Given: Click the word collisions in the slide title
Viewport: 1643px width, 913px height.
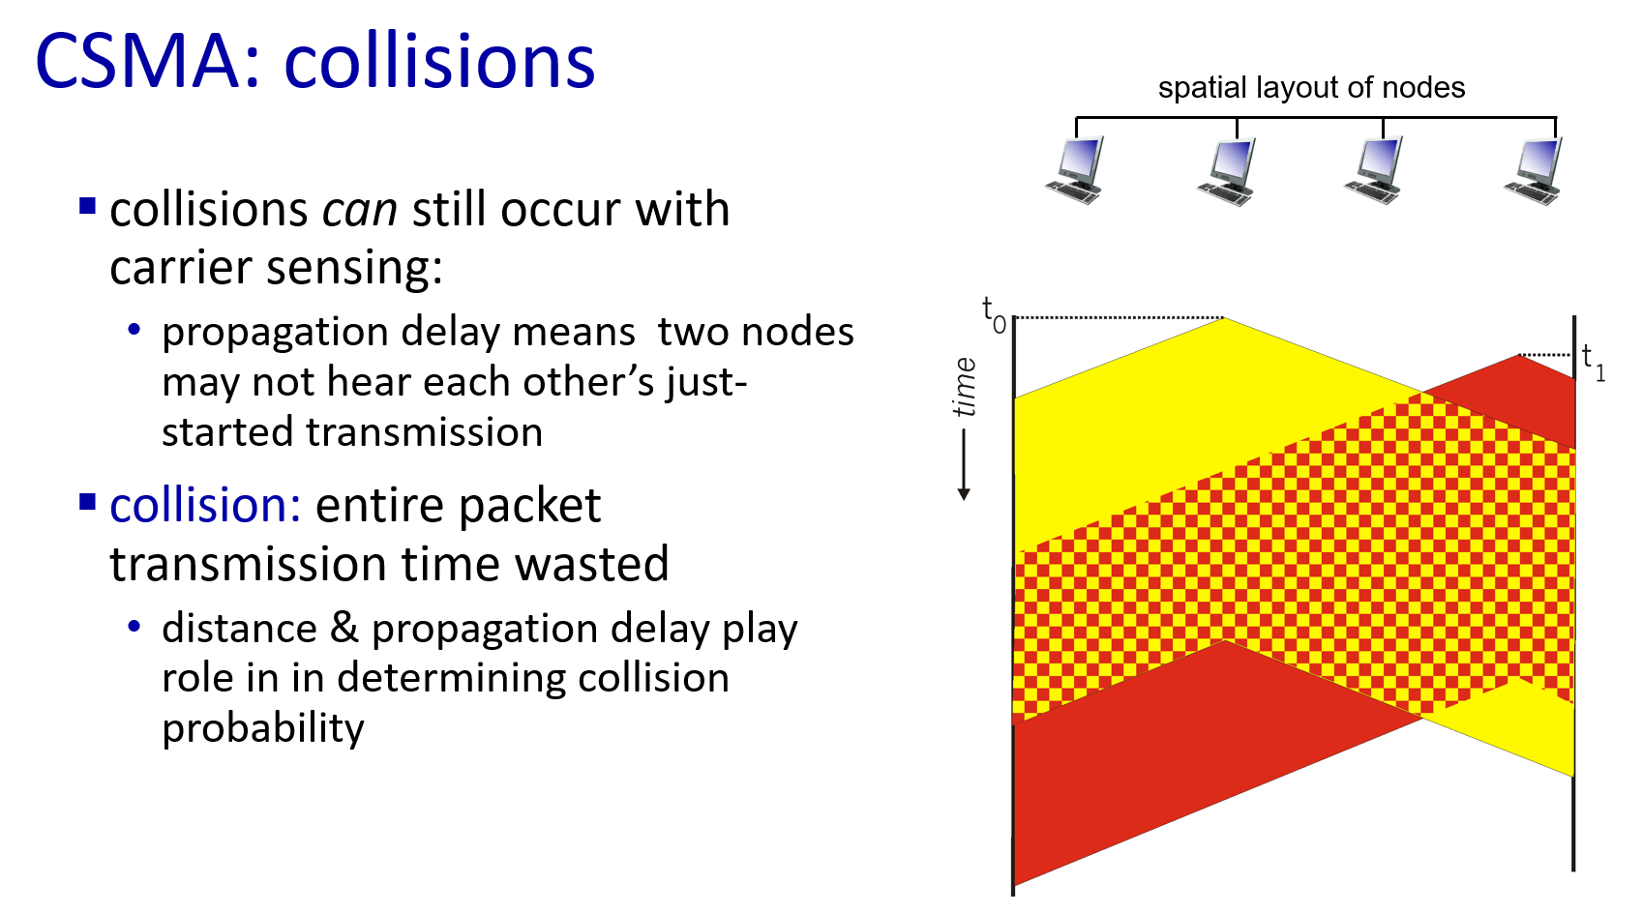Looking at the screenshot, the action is point(439,61).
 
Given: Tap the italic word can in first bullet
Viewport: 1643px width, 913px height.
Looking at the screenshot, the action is point(359,211).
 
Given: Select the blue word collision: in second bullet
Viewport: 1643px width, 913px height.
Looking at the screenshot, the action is point(205,505).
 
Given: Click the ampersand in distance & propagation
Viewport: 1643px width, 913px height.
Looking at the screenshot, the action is point(344,629).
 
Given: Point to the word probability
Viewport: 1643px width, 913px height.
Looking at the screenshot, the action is point(262,728).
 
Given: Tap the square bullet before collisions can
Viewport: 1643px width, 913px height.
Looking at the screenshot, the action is point(88,206).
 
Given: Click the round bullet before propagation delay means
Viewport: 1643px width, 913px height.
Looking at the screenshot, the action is point(134,329).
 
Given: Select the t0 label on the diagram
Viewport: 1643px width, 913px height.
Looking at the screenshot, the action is point(994,314).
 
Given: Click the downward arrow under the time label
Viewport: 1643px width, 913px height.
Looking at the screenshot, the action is point(964,465).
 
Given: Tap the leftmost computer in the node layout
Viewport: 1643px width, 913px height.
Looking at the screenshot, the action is point(1075,170).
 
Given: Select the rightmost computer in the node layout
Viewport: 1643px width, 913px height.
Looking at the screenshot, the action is point(1533,170).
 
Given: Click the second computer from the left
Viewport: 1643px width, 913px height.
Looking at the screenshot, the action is point(1226,171).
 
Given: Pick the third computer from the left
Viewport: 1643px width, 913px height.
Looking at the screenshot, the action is point(1374,170).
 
